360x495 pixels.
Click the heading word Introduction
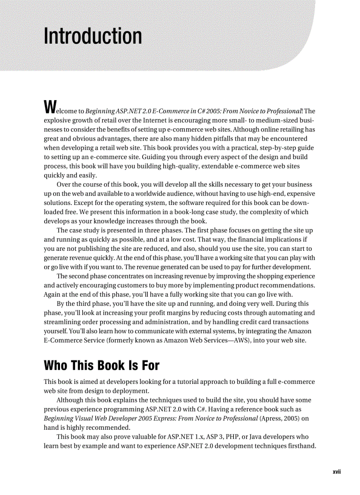(x=93, y=36)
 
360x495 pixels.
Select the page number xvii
(x=337, y=472)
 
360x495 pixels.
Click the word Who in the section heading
(x=57, y=366)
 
